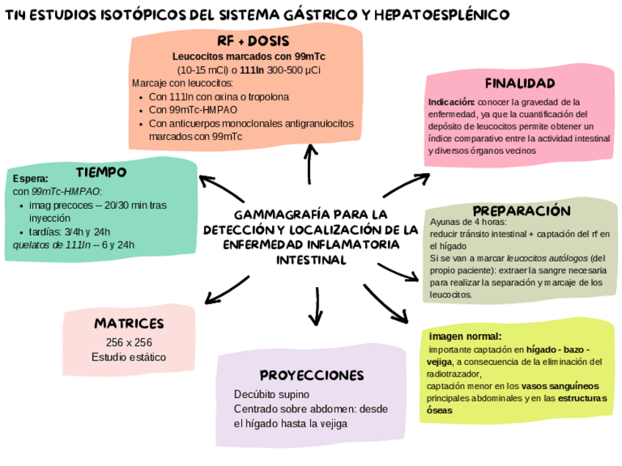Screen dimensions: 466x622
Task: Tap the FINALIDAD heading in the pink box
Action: [x=520, y=83]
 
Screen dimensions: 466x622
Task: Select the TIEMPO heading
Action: [x=101, y=172]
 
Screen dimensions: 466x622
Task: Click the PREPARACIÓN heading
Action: [x=521, y=210]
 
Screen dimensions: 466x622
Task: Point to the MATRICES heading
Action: [x=128, y=323]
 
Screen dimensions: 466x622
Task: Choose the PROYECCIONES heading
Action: [x=312, y=375]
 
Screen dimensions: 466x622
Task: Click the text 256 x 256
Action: [x=128, y=342]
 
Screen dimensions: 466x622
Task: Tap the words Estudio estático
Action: [x=128, y=357]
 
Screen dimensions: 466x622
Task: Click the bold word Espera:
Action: [x=31, y=178]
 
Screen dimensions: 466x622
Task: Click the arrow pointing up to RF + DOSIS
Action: [x=312, y=163]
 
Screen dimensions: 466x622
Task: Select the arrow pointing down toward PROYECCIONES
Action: [x=315, y=308]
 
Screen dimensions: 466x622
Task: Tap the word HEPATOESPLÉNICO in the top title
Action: [x=447, y=15]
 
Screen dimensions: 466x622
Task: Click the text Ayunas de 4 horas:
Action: [x=467, y=222]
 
